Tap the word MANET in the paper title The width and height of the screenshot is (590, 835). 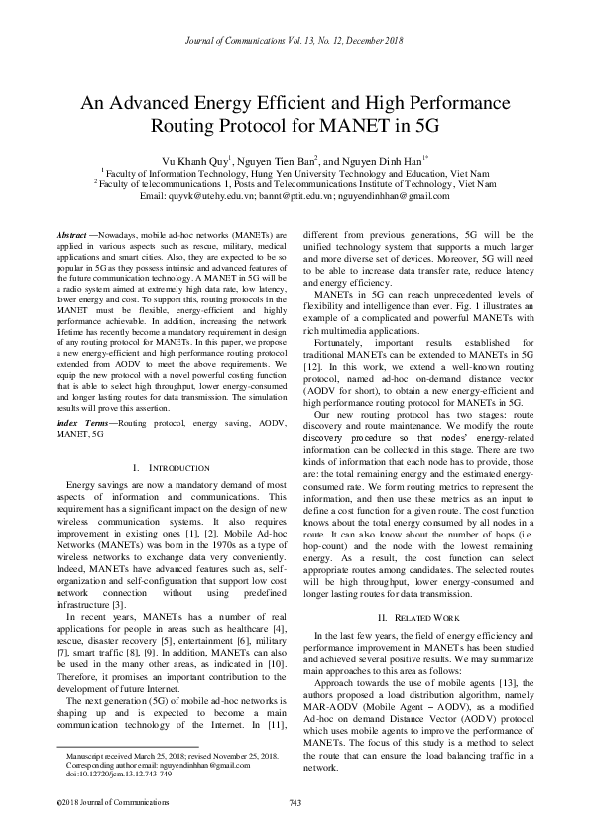[336, 126]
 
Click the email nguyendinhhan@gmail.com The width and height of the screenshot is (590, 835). [394, 196]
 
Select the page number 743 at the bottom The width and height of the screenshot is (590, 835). [295, 801]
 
